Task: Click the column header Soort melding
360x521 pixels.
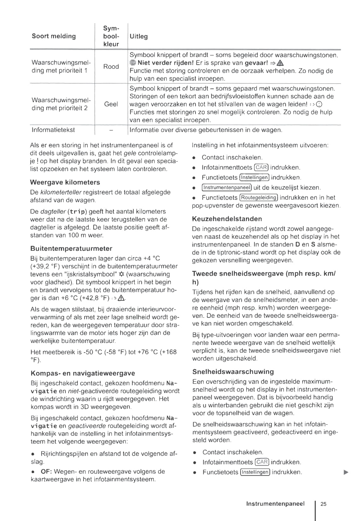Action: pyautogui.click(x=54, y=36)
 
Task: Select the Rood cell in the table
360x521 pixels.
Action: pyautogui.click(x=111, y=66)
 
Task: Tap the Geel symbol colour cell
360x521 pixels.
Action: pyautogui.click(x=111, y=104)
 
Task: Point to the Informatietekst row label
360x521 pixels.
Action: pyautogui.click(x=53, y=130)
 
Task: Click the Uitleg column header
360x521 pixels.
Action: pyautogui.click(x=139, y=36)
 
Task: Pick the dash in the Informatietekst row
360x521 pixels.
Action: pyautogui.click(x=111, y=130)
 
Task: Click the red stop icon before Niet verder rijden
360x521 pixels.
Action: pyautogui.click(x=133, y=63)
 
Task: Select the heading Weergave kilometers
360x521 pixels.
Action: pyautogui.click(x=65, y=182)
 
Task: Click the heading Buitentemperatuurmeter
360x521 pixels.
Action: pyautogui.click(x=71, y=249)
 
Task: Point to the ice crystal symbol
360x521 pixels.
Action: pyautogui.click(x=121, y=274)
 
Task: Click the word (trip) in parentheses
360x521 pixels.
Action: pyautogui.click(x=77, y=212)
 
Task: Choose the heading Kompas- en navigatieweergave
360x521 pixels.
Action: pyautogui.click(x=83, y=373)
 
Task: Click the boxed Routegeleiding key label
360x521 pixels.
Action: pyautogui.click(x=259, y=198)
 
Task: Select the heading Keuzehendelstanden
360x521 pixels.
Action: pyautogui.click(x=227, y=219)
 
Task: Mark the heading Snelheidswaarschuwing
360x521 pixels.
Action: pyautogui.click(x=233, y=372)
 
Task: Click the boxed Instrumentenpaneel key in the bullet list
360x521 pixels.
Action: pyautogui.click(x=227, y=188)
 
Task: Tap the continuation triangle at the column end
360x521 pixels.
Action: pyautogui.click(x=346, y=472)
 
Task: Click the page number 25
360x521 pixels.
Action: pyautogui.click(x=323, y=504)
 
